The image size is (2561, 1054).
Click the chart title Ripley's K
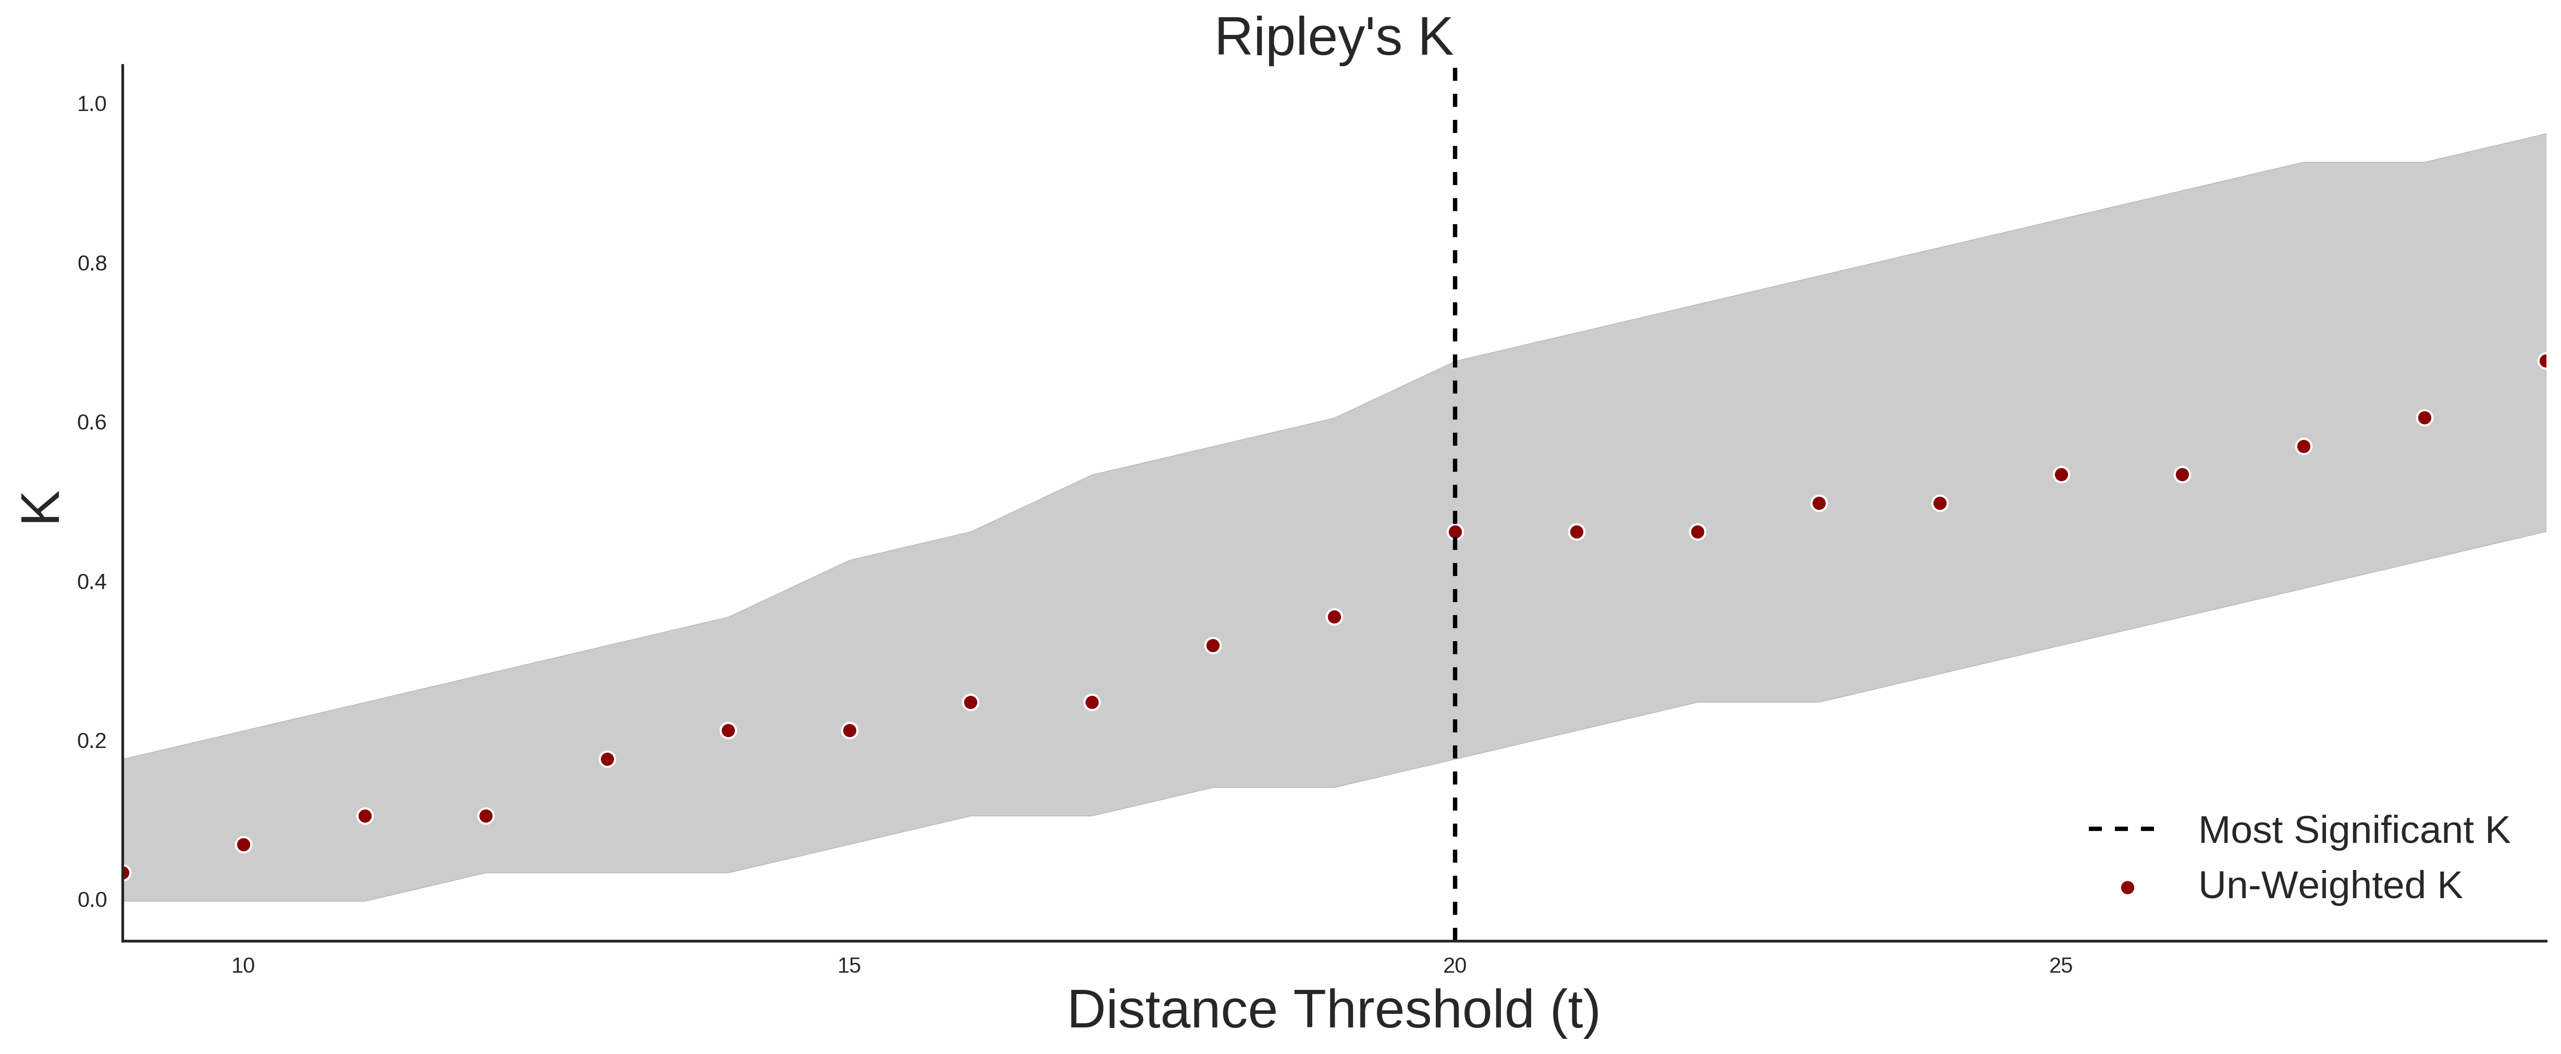point(1333,38)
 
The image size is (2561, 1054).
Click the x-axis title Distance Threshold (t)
point(1333,1010)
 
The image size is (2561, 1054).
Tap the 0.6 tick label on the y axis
point(92,423)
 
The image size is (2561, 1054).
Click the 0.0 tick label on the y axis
point(92,900)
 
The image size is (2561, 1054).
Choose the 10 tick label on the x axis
point(243,965)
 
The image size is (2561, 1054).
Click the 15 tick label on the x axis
point(849,965)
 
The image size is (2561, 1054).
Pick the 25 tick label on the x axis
point(2061,965)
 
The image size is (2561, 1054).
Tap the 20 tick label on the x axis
point(1455,965)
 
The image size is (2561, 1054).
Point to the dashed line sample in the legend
point(2122,828)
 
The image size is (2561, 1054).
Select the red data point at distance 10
point(243,845)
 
